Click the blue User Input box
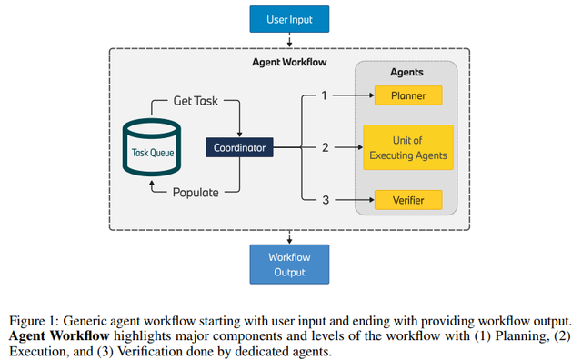click(289, 17)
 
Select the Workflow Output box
click(289, 264)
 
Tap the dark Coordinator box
click(238, 147)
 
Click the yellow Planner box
click(407, 95)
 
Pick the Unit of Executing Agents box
click(407, 147)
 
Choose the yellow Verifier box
click(407, 199)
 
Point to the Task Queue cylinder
click(151, 147)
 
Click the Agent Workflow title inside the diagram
click(289, 63)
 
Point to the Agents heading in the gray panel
click(406, 71)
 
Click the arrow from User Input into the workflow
click(289, 40)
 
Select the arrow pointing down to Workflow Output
click(289, 237)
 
